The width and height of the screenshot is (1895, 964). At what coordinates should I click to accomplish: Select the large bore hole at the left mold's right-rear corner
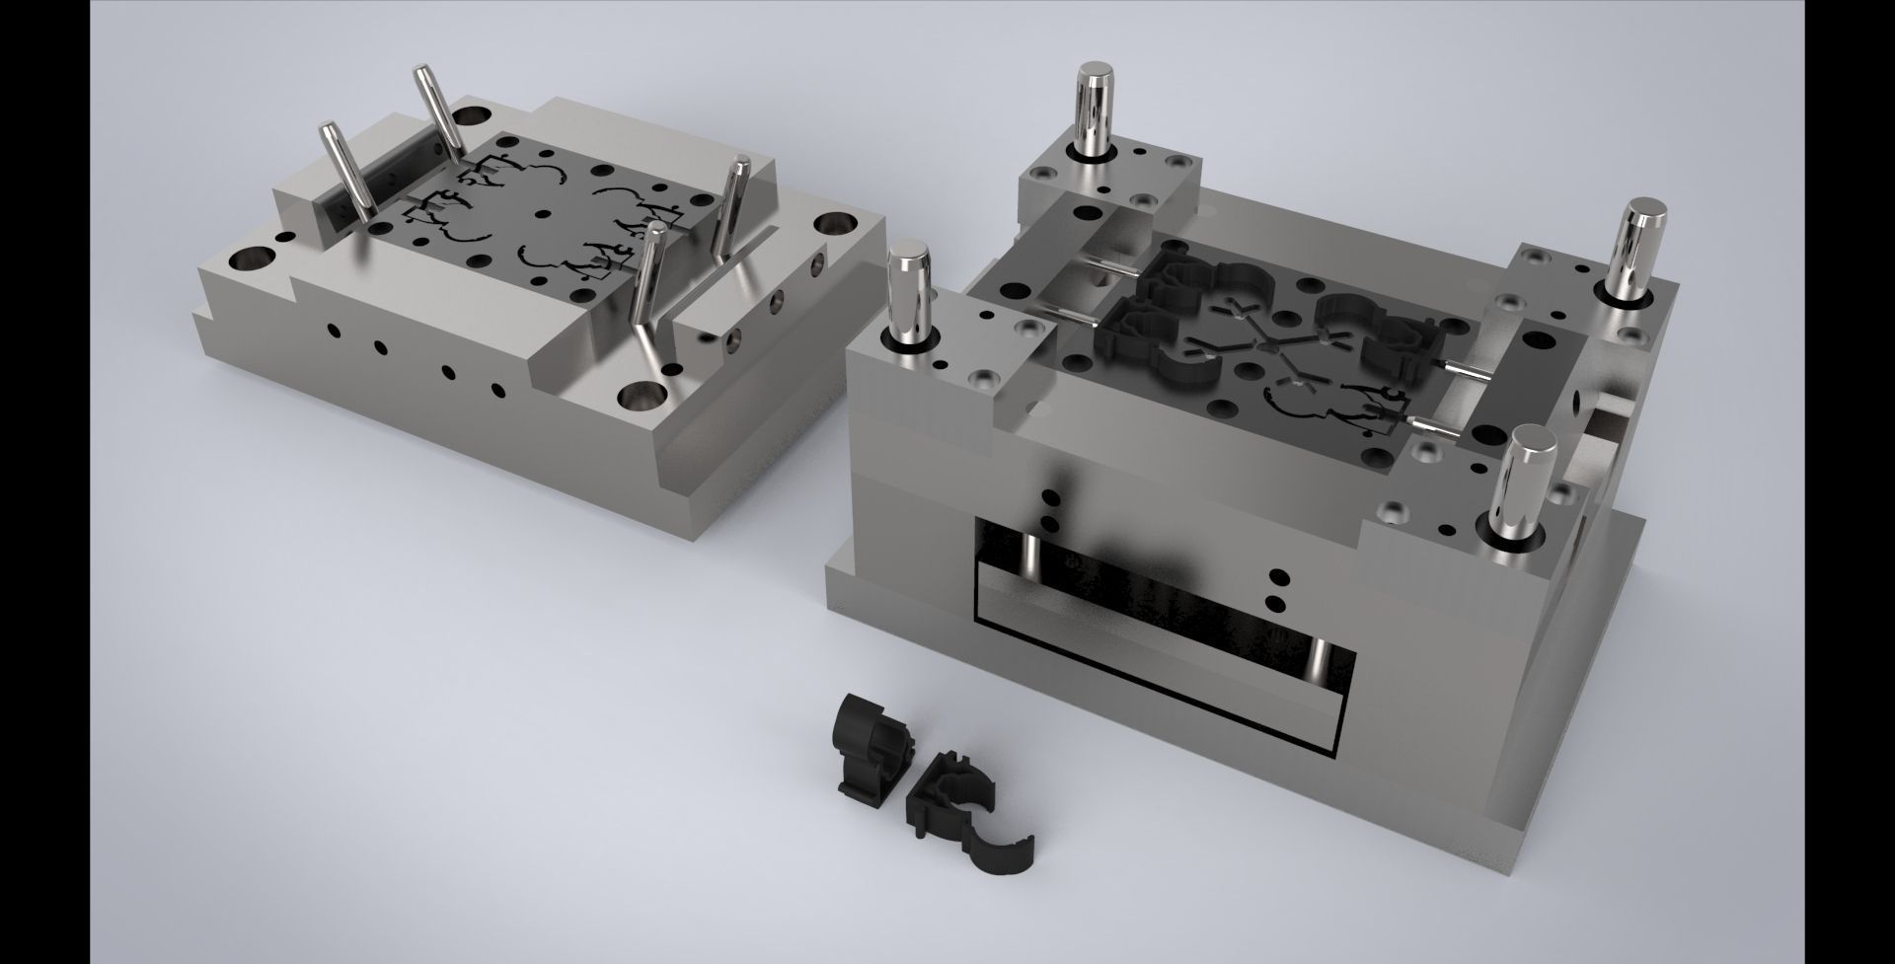click(x=835, y=226)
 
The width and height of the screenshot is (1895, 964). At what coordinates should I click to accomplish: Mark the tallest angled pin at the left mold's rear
click(x=435, y=109)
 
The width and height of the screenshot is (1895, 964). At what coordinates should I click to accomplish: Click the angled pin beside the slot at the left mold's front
click(x=648, y=277)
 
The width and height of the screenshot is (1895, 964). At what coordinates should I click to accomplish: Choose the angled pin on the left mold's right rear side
click(x=732, y=207)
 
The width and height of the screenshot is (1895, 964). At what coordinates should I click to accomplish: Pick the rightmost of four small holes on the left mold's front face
click(x=497, y=388)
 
